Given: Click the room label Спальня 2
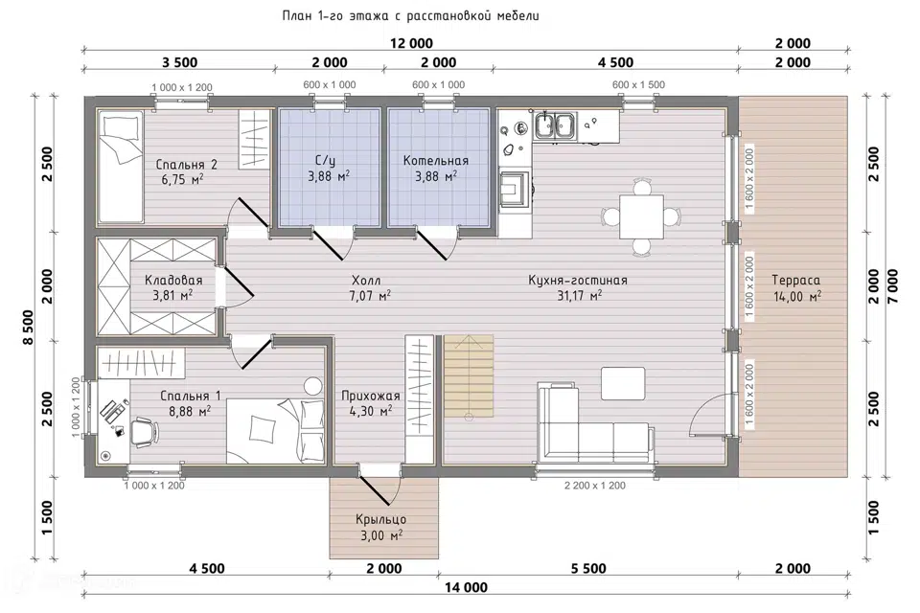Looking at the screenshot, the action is click(186, 165).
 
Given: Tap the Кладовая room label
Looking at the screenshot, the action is click(173, 281).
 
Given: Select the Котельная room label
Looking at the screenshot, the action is click(436, 161).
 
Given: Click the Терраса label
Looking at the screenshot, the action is click(795, 281).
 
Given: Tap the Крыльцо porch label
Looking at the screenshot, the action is click(380, 520).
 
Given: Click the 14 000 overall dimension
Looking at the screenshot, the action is click(466, 587).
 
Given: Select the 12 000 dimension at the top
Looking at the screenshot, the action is click(411, 43).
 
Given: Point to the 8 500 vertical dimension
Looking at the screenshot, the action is click(28, 335).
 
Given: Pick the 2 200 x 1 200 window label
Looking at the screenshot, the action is click(595, 486).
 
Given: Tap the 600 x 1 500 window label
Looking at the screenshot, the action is click(638, 84).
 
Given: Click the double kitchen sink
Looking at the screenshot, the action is click(555, 126).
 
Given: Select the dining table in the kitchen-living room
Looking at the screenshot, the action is click(641, 217).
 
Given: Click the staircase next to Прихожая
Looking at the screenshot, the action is click(468, 376).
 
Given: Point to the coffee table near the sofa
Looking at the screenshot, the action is click(623, 384).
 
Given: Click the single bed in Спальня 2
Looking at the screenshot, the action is click(121, 167).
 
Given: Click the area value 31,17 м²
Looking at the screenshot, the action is click(579, 296).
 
